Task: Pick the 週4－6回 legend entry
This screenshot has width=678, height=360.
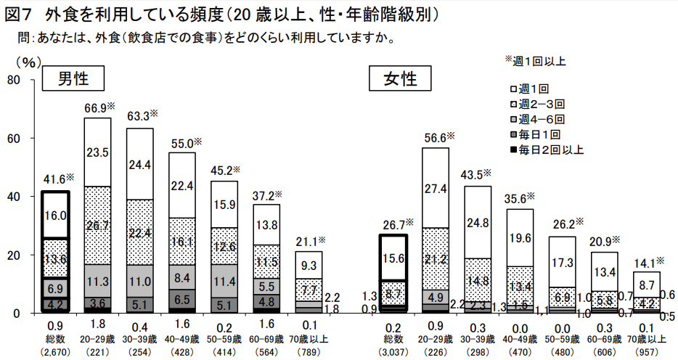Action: [x=540, y=120]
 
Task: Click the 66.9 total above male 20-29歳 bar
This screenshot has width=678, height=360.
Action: [x=99, y=108]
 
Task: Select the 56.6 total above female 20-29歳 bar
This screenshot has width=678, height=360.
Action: [x=437, y=138]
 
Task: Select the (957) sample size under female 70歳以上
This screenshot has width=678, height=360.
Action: [x=646, y=353]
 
